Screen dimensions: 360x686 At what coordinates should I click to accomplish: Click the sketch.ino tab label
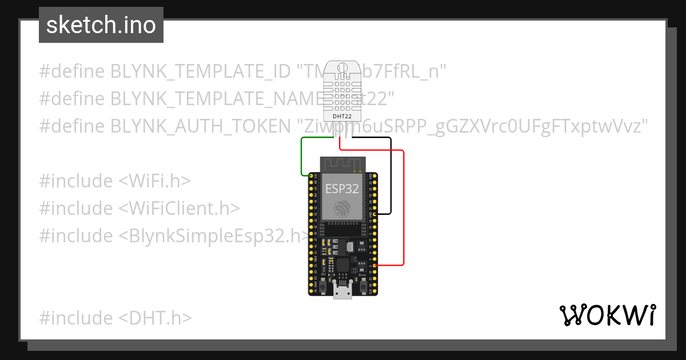pyautogui.click(x=101, y=25)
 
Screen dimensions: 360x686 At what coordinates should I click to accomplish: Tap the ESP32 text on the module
pyautogui.click(x=342, y=189)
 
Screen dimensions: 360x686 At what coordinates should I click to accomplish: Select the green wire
pyautogui.click(x=302, y=157)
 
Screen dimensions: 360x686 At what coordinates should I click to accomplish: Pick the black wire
pyautogui.click(x=390, y=177)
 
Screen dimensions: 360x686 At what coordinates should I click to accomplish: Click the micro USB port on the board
pyautogui.click(x=342, y=293)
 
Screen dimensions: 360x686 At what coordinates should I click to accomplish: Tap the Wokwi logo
pyautogui.click(x=608, y=315)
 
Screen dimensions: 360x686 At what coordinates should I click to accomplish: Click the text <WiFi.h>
pyautogui.click(x=154, y=181)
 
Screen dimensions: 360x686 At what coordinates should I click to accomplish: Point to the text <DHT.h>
pyautogui.click(x=155, y=318)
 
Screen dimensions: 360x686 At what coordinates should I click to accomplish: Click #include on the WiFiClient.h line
pyautogui.click(x=76, y=209)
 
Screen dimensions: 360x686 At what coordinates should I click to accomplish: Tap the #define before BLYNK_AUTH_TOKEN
pyautogui.click(x=72, y=126)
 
